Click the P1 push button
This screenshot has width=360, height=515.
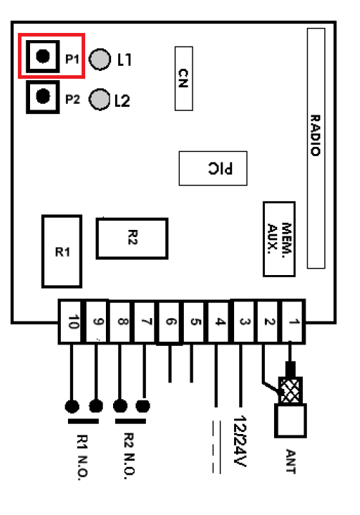tap(43, 56)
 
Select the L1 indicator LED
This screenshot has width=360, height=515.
tap(99, 59)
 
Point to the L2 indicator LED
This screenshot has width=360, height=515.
tap(99, 99)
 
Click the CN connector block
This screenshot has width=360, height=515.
tap(183, 79)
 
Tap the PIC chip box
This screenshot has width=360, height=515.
tap(213, 168)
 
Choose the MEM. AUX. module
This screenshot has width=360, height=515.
tap(279, 239)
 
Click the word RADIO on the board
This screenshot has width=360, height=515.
tap(316, 135)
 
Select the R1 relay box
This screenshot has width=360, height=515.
tap(62, 251)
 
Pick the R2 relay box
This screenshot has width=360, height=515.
tap(132, 238)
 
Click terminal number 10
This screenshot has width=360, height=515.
tap(72, 322)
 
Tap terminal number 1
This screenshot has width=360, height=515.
tap(293, 322)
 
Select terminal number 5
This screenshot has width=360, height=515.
tap(195, 322)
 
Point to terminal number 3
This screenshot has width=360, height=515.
tap(245, 322)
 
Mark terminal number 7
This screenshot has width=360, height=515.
tap(147, 322)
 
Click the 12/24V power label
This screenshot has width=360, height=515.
tap(240, 441)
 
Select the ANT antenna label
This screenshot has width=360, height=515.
tap(291, 461)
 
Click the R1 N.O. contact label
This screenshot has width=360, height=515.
tap(82, 457)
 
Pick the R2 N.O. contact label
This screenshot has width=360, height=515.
tap(130, 456)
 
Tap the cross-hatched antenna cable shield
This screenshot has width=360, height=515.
tap(290, 390)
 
